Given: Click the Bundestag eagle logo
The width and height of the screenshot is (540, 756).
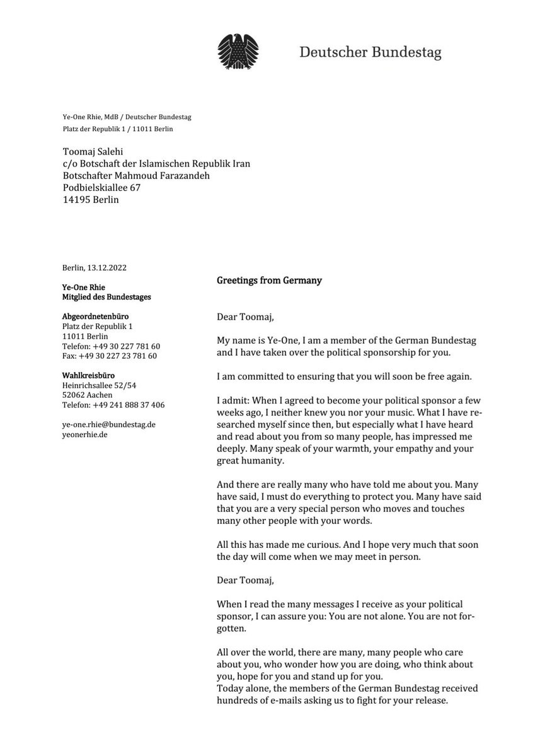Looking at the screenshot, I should pyautogui.click(x=238, y=52).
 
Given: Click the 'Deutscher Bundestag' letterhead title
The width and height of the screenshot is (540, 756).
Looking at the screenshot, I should pyautogui.click(x=370, y=52).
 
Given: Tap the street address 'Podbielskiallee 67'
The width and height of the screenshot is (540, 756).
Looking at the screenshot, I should pyautogui.click(x=101, y=188).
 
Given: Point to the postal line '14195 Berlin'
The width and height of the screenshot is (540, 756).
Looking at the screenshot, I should pyautogui.click(x=91, y=200).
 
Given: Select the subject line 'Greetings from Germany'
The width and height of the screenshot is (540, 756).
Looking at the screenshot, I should pyautogui.click(x=269, y=281).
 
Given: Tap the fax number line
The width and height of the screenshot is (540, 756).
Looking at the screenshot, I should pyautogui.click(x=110, y=356).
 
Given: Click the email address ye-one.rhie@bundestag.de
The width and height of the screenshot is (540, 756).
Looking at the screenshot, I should pyautogui.click(x=109, y=424).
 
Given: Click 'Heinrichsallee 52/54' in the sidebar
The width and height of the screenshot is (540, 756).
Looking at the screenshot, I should pyautogui.click(x=100, y=385).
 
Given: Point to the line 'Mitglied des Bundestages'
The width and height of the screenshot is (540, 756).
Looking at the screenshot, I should pyautogui.click(x=106, y=297).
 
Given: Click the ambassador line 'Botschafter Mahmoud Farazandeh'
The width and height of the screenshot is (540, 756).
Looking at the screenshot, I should pyautogui.click(x=136, y=176).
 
